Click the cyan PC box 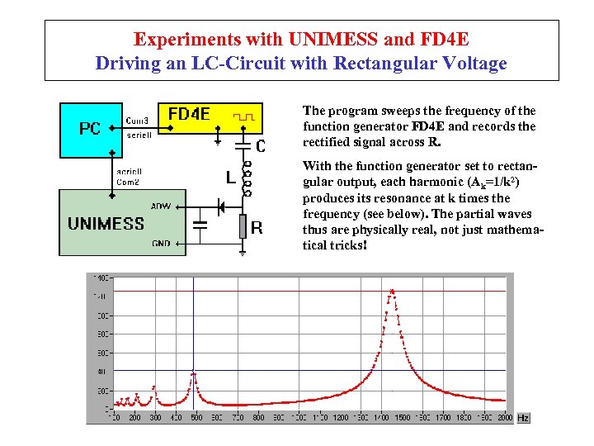[x=90, y=129]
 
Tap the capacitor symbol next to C [x=243, y=146]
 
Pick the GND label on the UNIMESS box [x=161, y=244]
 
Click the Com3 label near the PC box [x=138, y=120]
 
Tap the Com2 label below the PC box [x=128, y=182]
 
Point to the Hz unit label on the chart [x=522, y=418]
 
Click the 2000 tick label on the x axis [x=505, y=418]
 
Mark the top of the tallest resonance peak [x=392, y=290]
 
